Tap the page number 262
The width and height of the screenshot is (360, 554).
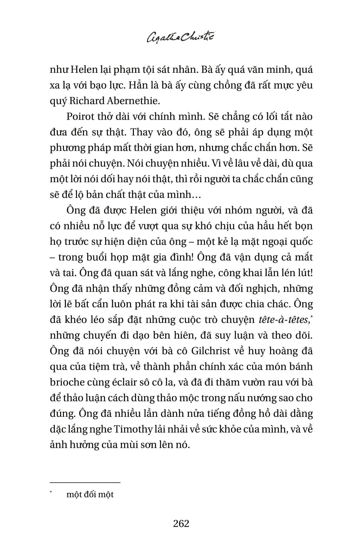click(x=181, y=523)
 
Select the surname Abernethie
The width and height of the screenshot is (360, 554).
click(x=137, y=101)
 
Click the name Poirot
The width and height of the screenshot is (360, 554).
click(x=78, y=117)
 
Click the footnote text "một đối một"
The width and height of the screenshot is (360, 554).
click(x=90, y=494)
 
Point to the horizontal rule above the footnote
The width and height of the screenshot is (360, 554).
click(x=85, y=483)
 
